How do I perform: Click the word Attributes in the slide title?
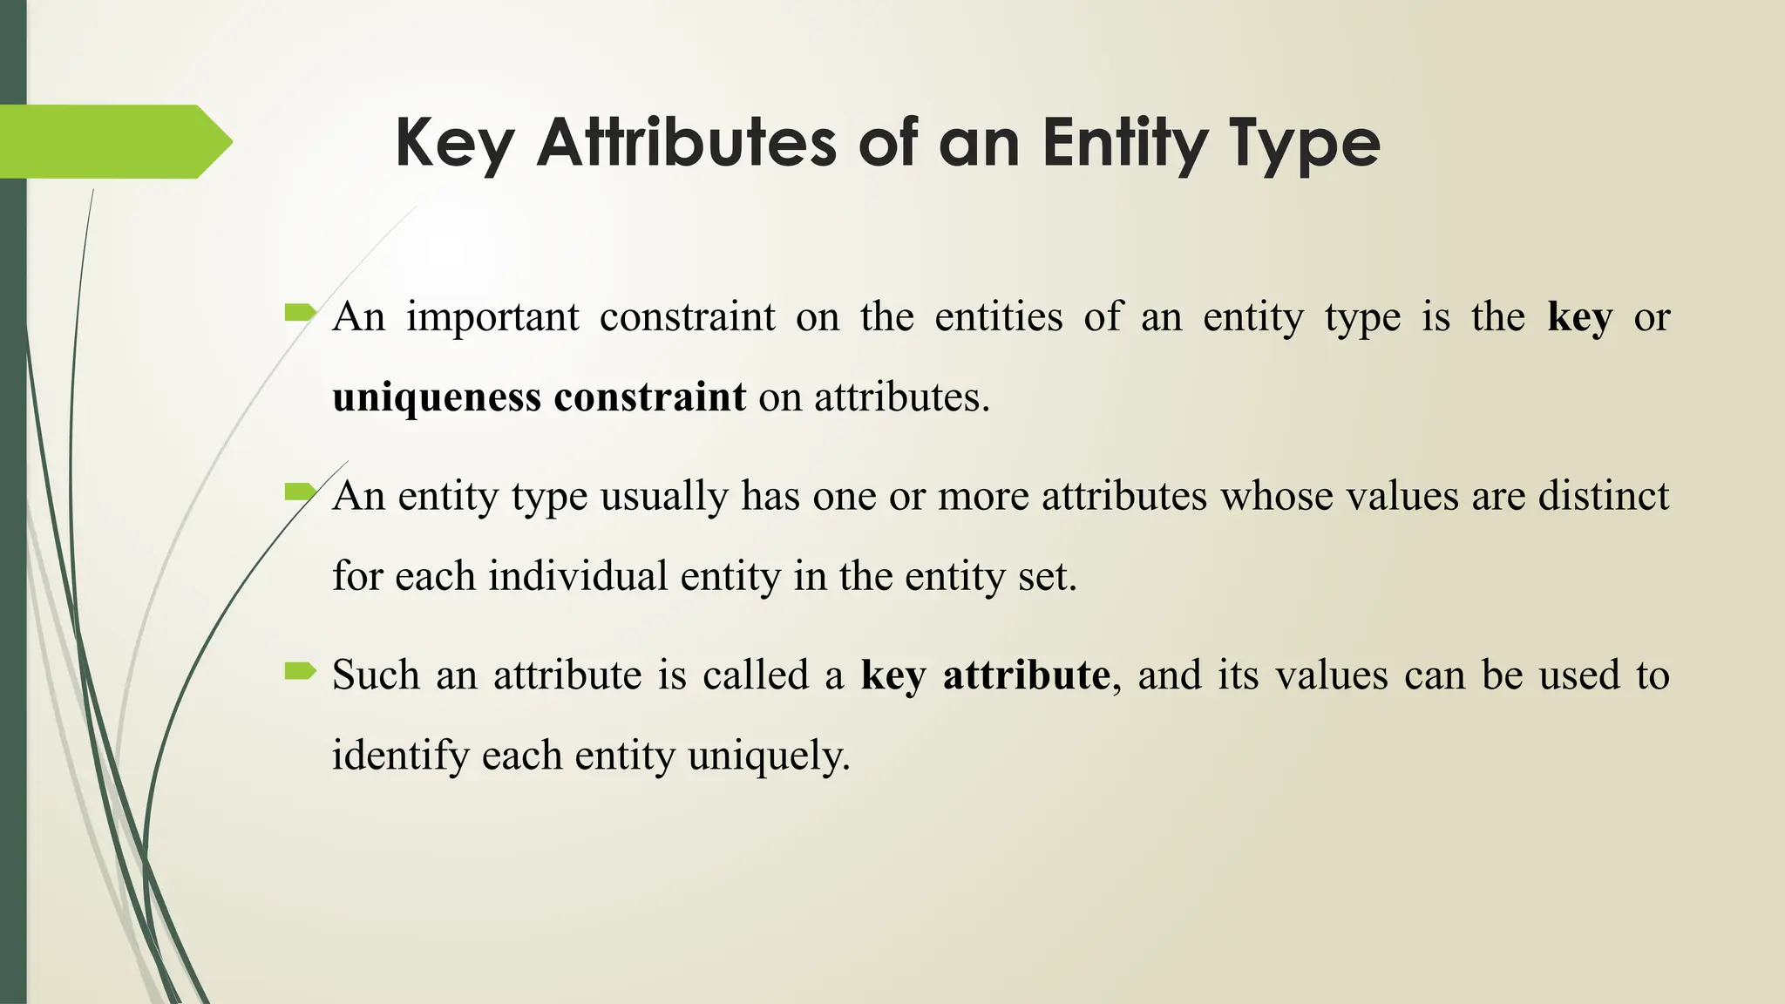pos(686,143)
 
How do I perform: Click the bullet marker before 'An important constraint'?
pos(300,311)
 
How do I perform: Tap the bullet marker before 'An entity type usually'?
pos(300,492)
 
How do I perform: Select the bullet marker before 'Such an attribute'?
pos(300,670)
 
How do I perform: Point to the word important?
pos(492,317)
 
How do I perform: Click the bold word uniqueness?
pos(437,398)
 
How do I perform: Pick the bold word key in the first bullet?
pos(1579,317)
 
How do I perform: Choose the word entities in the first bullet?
pos(998,317)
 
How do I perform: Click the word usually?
pos(664,497)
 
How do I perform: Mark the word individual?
pos(578,576)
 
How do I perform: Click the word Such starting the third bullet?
pos(377,675)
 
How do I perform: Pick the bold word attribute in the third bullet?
pos(1026,675)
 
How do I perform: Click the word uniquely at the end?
pos(768,755)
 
